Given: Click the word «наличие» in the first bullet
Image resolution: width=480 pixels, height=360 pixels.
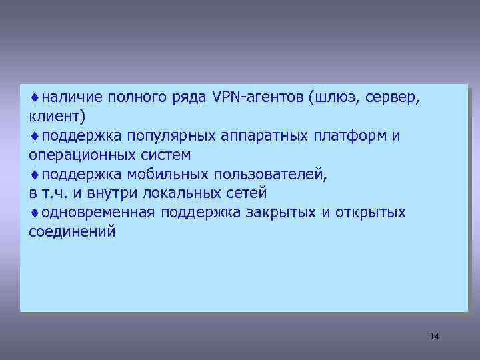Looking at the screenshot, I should click(66, 98).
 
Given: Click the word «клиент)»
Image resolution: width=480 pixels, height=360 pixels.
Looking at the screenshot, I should click(57, 117).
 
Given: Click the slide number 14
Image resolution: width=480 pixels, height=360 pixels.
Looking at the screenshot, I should click(435, 336).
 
